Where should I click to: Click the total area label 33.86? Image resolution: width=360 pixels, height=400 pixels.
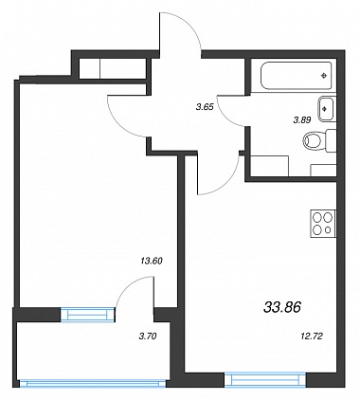(282, 306)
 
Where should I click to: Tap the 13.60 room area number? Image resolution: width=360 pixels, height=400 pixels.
(152, 261)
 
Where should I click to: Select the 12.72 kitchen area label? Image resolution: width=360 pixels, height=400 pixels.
(312, 336)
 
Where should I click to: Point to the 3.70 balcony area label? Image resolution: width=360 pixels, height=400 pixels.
(148, 336)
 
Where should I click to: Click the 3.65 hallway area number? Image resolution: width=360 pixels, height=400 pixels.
(205, 107)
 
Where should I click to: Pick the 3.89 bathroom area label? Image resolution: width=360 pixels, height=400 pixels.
(302, 120)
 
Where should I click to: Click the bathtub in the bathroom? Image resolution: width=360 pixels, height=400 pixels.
(296, 76)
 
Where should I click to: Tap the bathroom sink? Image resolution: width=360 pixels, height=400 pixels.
(326, 109)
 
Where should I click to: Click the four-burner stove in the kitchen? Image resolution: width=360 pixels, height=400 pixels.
(323, 224)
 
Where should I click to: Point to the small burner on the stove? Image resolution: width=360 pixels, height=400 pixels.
(328, 229)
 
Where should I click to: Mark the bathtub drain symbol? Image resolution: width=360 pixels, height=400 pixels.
(323, 75)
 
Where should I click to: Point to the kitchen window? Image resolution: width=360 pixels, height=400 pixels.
(265, 379)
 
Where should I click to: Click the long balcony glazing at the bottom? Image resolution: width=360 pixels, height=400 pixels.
(93, 384)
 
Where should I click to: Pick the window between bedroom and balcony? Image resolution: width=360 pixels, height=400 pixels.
(87, 315)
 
